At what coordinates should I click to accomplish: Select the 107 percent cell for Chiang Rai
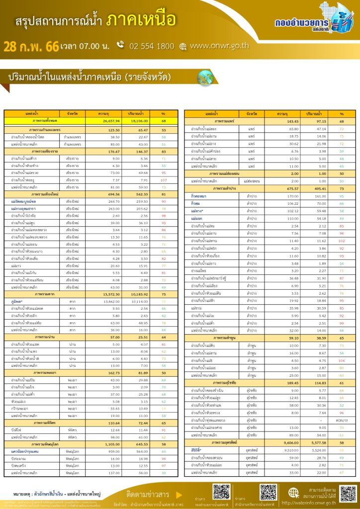164,179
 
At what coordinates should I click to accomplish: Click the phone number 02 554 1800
152,46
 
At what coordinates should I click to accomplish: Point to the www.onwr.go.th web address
219,46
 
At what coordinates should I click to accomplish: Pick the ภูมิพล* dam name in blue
18,301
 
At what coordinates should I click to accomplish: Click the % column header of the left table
164,114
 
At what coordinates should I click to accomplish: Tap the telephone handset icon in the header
120,45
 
